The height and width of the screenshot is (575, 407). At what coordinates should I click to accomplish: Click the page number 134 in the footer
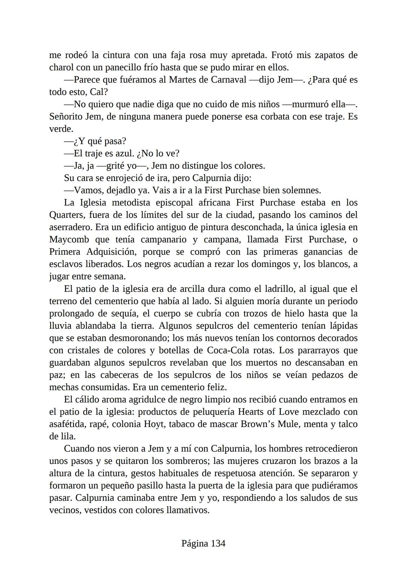218,543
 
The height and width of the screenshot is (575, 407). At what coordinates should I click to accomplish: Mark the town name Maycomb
69,239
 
